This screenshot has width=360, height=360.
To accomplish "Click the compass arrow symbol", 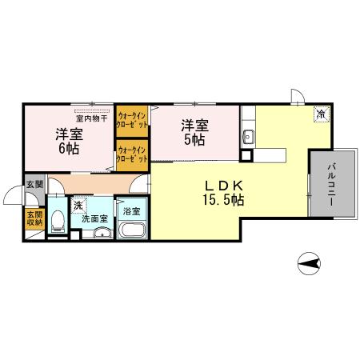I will (x=308, y=262).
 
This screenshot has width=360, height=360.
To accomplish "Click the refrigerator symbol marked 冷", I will (x=319, y=114).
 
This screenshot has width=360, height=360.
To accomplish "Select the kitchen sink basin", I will (x=248, y=135).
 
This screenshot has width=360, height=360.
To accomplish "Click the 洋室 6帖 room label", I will (x=68, y=140).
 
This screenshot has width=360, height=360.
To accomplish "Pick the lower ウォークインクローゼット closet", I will (x=131, y=153).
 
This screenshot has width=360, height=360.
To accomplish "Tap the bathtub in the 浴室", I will (x=131, y=232).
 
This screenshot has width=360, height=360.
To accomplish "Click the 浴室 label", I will (x=131, y=211).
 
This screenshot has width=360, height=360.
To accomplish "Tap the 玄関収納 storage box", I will (x=34, y=218).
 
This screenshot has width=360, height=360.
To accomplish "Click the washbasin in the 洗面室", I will (x=99, y=234).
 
